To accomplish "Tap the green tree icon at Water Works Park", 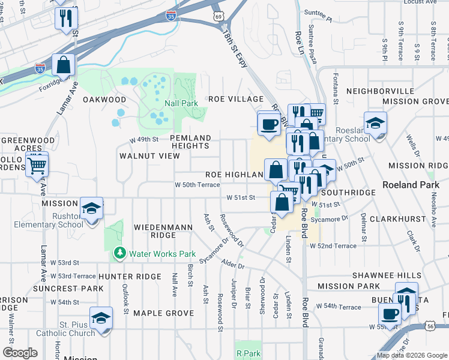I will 121,253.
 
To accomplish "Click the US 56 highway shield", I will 444,325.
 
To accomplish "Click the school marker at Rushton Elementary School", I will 91,209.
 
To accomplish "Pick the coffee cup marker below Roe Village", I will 268,124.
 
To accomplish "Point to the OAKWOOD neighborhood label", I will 104,100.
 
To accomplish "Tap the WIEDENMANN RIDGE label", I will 155,232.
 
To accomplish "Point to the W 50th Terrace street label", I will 197,185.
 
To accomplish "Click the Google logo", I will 20,353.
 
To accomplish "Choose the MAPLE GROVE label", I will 163,313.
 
